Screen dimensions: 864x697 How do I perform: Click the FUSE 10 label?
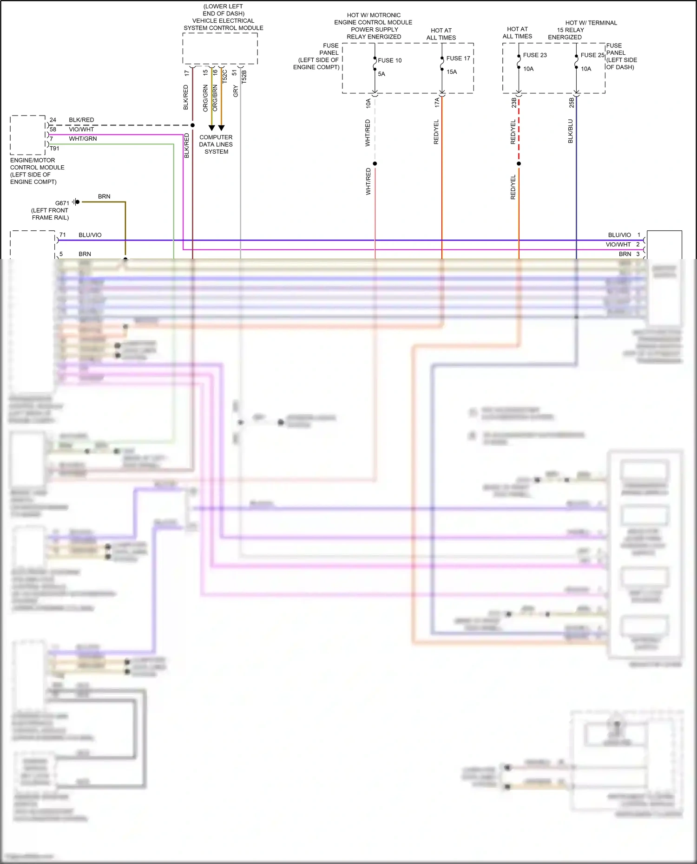(x=389, y=60)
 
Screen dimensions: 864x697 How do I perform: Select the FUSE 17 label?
(x=458, y=58)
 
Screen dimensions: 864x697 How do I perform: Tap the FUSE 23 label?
(x=534, y=55)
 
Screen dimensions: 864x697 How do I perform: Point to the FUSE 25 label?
(x=592, y=55)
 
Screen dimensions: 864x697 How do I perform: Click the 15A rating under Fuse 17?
(x=452, y=72)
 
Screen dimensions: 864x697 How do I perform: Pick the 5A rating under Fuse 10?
(x=381, y=74)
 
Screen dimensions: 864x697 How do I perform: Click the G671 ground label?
(x=62, y=203)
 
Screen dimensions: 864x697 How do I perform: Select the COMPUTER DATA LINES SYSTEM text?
(x=216, y=144)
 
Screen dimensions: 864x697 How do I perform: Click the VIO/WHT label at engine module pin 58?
(x=81, y=130)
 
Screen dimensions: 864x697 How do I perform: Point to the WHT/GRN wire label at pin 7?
(x=83, y=139)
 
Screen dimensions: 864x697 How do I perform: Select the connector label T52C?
(x=225, y=77)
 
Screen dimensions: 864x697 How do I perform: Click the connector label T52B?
(x=244, y=77)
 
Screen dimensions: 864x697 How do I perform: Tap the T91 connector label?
(x=55, y=149)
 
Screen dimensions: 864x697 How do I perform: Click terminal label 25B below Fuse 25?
(x=572, y=103)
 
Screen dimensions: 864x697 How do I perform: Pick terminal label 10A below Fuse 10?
(x=368, y=103)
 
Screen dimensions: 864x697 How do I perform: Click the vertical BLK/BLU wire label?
(x=571, y=131)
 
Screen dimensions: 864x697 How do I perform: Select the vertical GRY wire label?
(x=236, y=91)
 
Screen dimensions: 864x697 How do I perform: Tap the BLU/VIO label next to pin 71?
(x=90, y=235)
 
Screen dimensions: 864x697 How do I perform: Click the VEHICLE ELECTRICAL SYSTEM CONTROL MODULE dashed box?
(x=220, y=48)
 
